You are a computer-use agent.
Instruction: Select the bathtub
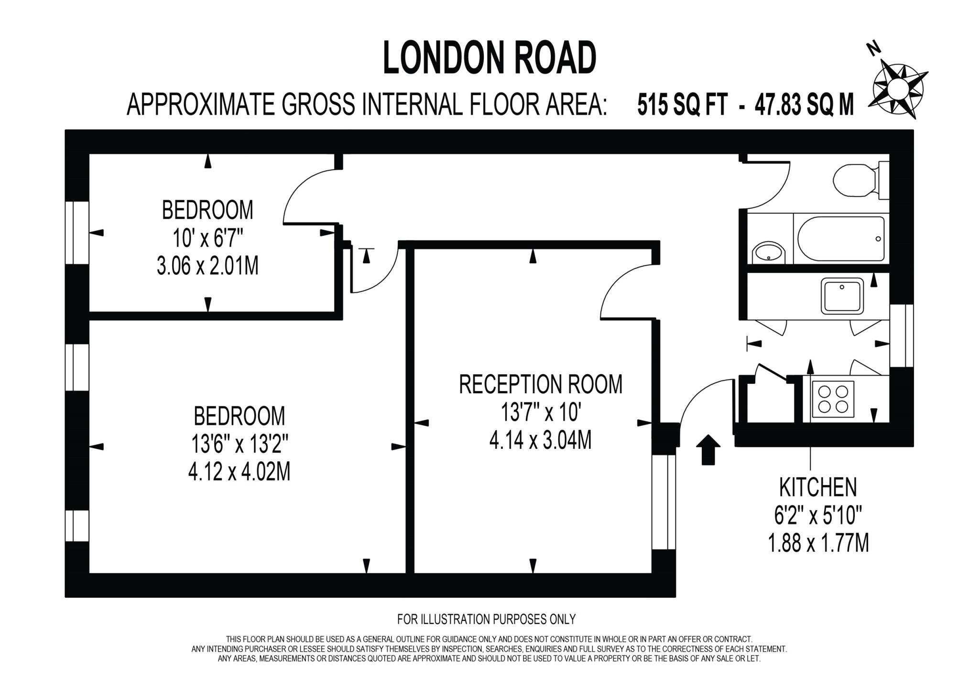(841, 239)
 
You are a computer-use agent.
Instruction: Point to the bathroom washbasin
(768, 252)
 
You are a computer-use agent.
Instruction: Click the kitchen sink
(843, 296)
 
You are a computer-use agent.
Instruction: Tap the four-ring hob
(833, 399)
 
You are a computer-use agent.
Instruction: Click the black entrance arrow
(707, 449)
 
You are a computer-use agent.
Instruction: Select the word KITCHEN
(818, 487)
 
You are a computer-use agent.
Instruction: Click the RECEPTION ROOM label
(541, 384)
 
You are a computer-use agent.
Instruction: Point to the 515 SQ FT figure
(682, 105)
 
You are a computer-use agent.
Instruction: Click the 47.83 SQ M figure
(804, 105)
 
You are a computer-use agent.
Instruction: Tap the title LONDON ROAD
(490, 58)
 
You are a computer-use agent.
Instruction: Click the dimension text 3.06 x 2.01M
(207, 266)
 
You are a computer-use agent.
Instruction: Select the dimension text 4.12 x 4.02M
(239, 473)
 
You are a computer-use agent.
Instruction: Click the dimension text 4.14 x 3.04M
(540, 440)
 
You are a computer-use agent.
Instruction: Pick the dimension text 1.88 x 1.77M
(818, 543)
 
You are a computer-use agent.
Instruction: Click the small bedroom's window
(77, 233)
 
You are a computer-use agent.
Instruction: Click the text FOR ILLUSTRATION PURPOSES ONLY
(486, 619)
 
